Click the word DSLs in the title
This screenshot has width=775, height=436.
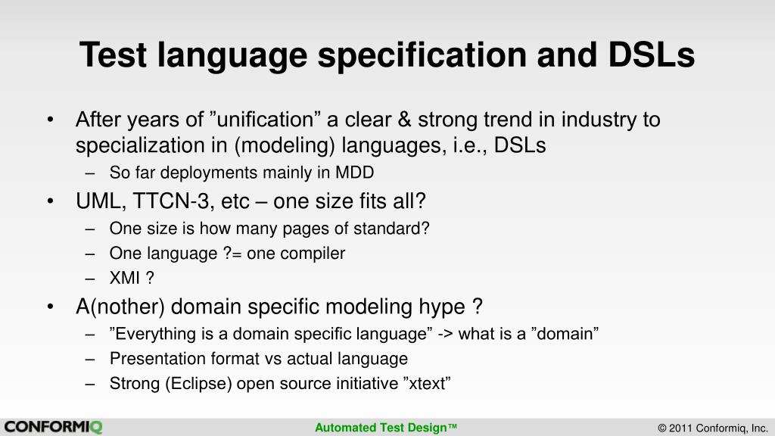652,54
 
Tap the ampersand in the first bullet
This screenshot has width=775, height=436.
404,120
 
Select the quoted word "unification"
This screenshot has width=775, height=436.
265,120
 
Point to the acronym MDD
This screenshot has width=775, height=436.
354,173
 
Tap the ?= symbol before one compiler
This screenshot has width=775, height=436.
232,254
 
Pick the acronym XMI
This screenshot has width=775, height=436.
125,278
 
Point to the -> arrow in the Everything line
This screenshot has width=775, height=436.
445,334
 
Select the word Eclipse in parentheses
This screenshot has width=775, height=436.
198,384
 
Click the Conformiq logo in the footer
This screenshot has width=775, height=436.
53,427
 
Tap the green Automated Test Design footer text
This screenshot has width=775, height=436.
386,428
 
